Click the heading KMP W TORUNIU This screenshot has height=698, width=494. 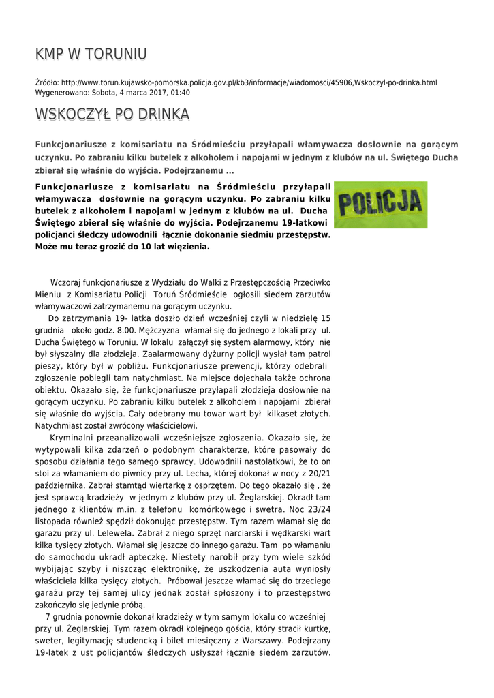(x=91, y=54)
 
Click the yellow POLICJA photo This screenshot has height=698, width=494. (x=380, y=204)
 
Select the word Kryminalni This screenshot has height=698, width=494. (x=72, y=438)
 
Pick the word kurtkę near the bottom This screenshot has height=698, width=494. (x=317, y=628)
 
